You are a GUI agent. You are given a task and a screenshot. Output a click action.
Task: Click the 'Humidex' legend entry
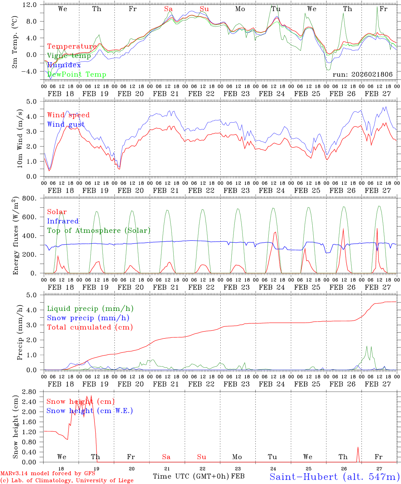click(64, 65)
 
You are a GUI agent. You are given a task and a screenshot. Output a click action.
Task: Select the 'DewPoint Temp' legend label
click(77, 74)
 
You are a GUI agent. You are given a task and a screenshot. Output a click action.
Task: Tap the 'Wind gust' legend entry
click(66, 124)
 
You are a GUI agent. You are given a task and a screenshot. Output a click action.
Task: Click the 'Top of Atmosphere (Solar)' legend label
click(99, 231)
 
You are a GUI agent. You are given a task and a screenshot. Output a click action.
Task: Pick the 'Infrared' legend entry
click(63, 221)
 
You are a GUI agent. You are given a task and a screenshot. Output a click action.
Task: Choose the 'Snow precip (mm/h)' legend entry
click(88, 318)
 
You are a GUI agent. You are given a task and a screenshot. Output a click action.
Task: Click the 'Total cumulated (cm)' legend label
click(90, 327)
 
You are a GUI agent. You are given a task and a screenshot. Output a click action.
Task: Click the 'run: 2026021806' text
click(362, 74)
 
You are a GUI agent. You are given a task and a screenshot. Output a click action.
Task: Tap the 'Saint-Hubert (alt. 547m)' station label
click(335, 477)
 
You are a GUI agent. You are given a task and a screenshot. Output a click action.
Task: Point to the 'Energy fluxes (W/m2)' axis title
click(15, 236)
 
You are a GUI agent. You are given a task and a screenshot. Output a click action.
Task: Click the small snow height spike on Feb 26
click(358, 447)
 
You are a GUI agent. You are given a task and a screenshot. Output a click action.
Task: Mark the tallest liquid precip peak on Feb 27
click(367, 346)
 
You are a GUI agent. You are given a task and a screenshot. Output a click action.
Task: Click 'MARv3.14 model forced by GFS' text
click(48, 474)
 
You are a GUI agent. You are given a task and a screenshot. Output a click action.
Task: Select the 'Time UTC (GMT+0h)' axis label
click(191, 476)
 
